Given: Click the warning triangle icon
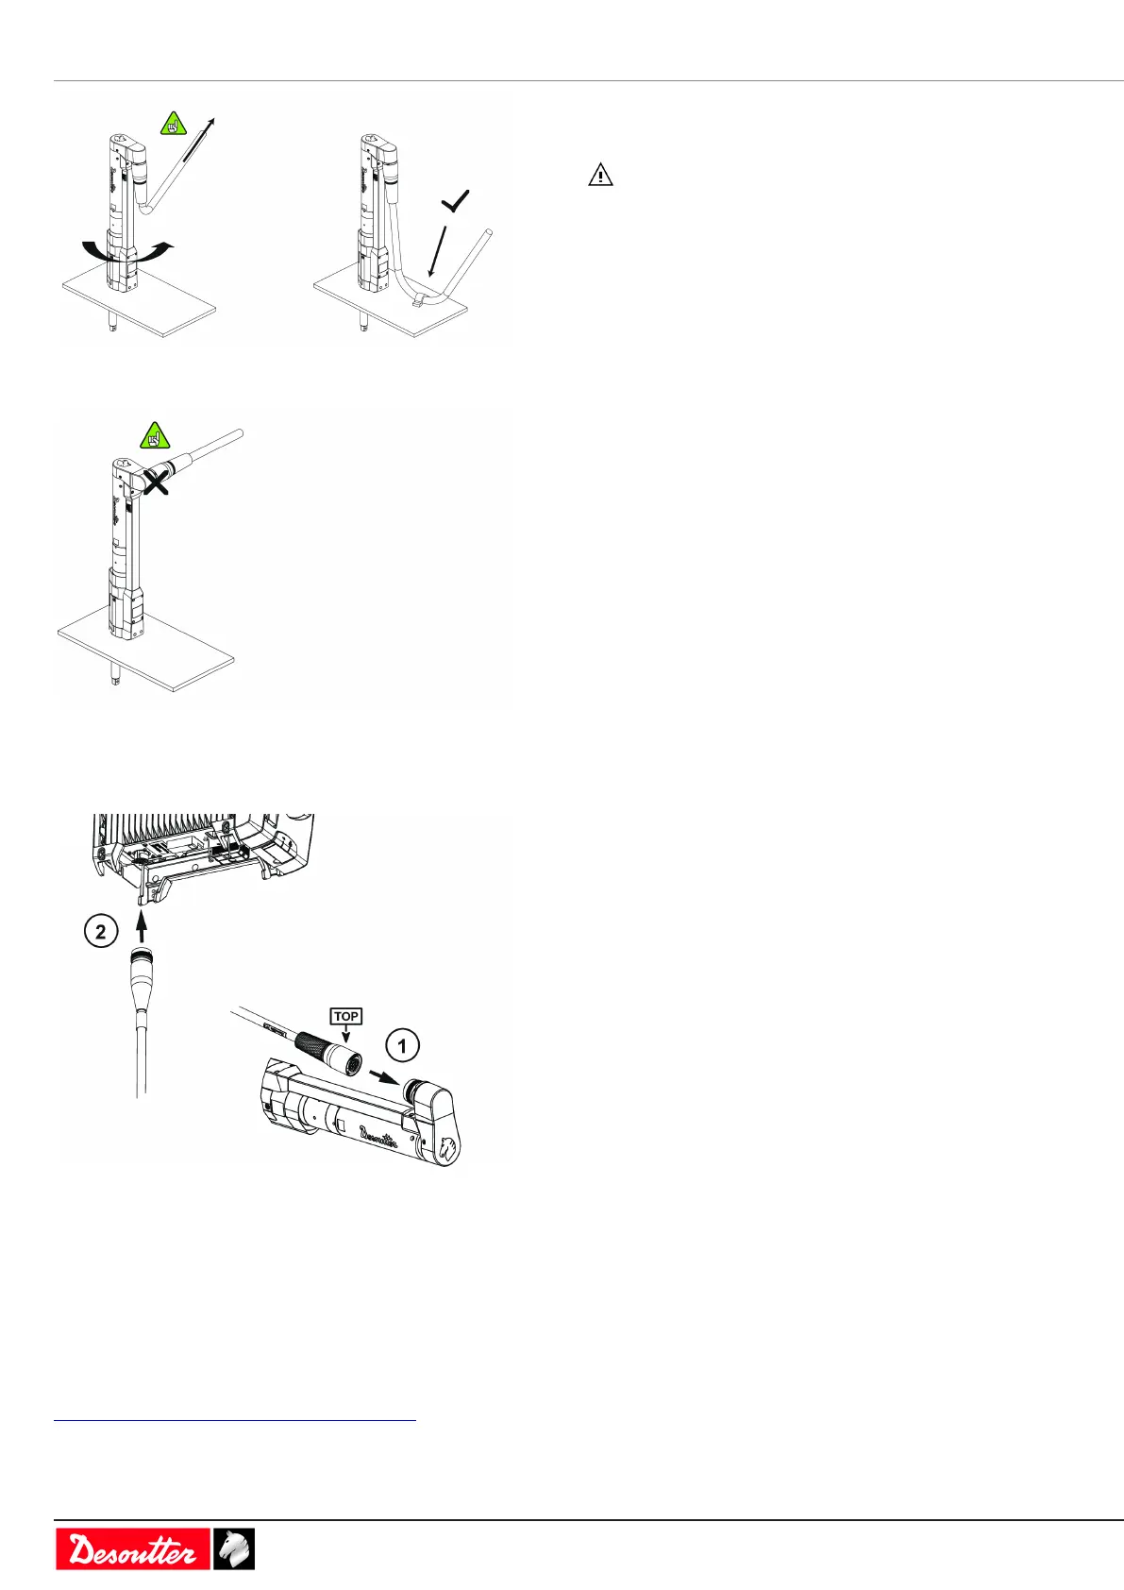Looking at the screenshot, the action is pyautogui.click(x=600, y=176).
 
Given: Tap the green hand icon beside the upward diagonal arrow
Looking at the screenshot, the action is pyautogui.click(x=173, y=123).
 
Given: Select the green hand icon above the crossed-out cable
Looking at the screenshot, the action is pyautogui.click(x=154, y=435).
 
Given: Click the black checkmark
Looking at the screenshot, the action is pyautogui.click(x=455, y=200).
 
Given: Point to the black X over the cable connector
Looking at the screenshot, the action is pyautogui.click(x=155, y=482).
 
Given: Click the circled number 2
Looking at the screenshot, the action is pyautogui.click(x=100, y=932).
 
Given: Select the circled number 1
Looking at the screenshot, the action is pyautogui.click(x=403, y=1045).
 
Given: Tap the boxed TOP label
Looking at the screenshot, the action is pyautogui.click(x=345, y=1017).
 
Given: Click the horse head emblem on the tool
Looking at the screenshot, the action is pyautogui.click(x=447, y=1148).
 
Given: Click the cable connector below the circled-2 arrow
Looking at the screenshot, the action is pyautogui.click(x=141, y=973).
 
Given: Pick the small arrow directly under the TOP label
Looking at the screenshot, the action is pyautogui.click(x=345, y=1036).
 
